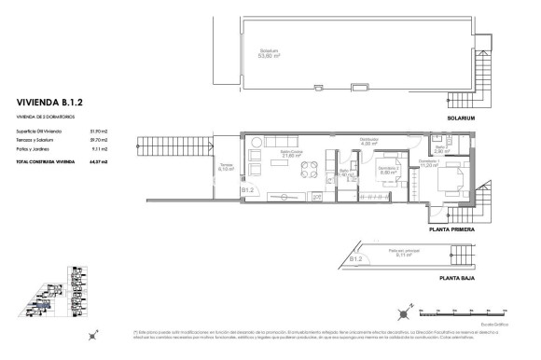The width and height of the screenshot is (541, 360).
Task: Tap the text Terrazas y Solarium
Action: click(x=36, y=141)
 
